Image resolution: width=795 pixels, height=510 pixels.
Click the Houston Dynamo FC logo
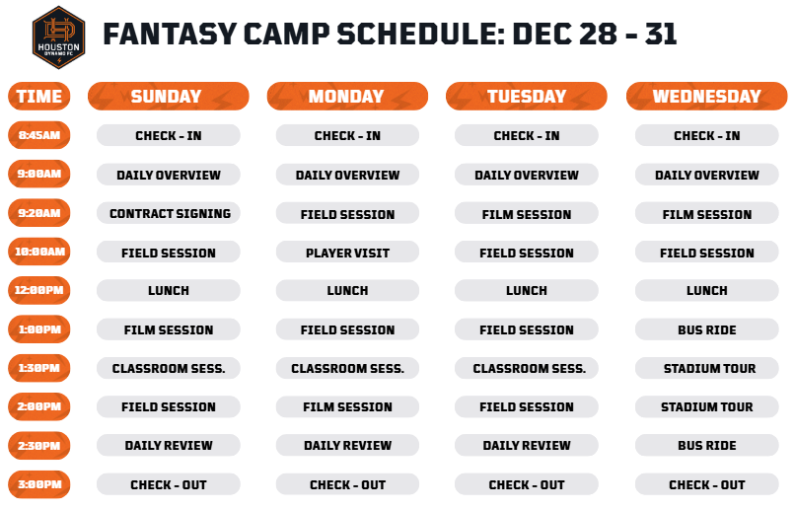point(58,37)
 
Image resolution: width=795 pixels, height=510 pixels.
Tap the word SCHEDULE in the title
point(421,34)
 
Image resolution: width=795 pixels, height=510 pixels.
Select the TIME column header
point(39,96)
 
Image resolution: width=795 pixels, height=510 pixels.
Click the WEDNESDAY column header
point(707,96)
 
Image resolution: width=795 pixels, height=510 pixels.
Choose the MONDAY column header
point(347,96)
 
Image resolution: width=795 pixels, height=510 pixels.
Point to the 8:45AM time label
point(39,135)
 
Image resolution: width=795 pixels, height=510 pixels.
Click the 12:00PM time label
point(39,290)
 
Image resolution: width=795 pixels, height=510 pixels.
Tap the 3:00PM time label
point(39,484)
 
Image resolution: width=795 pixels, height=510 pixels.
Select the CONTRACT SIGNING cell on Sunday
point(169,213)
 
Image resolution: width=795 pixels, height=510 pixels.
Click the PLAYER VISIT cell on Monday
point(347,252)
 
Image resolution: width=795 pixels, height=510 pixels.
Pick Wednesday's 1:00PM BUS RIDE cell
point(707,329)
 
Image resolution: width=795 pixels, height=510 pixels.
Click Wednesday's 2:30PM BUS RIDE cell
point(707,445)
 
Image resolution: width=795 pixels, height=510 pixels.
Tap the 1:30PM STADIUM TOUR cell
point(707,368)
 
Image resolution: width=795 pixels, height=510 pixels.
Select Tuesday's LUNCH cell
point(527,290)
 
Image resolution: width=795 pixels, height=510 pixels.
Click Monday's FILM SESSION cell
point(347,406)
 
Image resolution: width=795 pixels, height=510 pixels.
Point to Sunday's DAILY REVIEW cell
point(169,445)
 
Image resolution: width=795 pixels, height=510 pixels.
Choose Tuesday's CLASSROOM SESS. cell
point(527,368)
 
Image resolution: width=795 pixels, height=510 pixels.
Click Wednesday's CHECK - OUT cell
point(707,484)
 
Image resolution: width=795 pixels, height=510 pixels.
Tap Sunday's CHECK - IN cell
point(169,135)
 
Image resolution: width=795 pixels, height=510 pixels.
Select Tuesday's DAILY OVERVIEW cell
point(527,175)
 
